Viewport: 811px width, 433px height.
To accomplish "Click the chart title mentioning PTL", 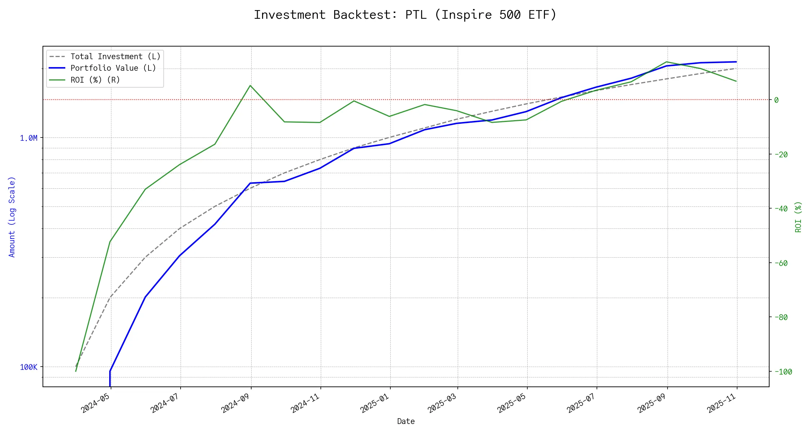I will pos(405,15).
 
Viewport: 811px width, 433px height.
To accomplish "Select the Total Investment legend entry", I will pos(115,57).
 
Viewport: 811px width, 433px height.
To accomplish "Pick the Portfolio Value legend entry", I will pos(113,68).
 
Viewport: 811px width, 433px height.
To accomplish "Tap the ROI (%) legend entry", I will pos(95,80).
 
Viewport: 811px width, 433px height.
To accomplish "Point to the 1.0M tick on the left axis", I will pos(28,138).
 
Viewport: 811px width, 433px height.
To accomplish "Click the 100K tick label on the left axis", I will pos(28,367).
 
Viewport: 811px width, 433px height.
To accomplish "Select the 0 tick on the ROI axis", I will pos(776,100).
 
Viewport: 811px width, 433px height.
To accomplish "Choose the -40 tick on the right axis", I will pos(781,209).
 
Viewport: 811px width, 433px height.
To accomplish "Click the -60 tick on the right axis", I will pos(781,263).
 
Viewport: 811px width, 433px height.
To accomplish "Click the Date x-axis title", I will pos(406,421).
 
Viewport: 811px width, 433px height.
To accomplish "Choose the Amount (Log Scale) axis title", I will pos(12,216).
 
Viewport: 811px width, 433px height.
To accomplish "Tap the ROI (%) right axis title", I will pos(798,216).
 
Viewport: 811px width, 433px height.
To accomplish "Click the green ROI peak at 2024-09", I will pos(250,86).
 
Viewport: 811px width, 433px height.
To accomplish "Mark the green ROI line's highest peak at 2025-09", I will pos(667,62).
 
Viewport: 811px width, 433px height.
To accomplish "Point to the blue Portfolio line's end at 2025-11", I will pos(736,62).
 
